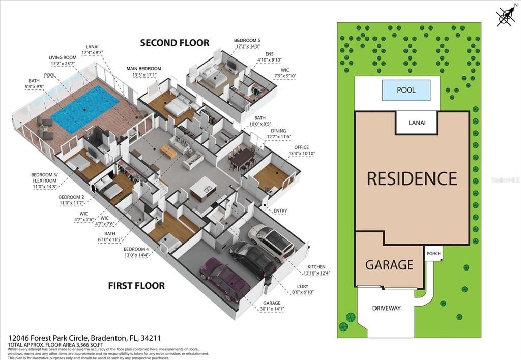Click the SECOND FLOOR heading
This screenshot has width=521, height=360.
point(175,43)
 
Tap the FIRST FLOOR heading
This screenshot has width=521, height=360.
point(136,286)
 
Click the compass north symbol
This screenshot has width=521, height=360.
point(505,16)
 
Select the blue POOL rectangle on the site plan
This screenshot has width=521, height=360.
point(406,91)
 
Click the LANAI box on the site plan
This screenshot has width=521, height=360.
point(416,123)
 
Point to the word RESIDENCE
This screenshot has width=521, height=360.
point(412,178)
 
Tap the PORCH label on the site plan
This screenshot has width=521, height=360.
point(433,253)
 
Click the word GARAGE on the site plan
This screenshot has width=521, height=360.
point(389,265)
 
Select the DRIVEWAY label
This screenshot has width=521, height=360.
point(386,308)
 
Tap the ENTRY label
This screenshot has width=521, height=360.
point(280,211)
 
